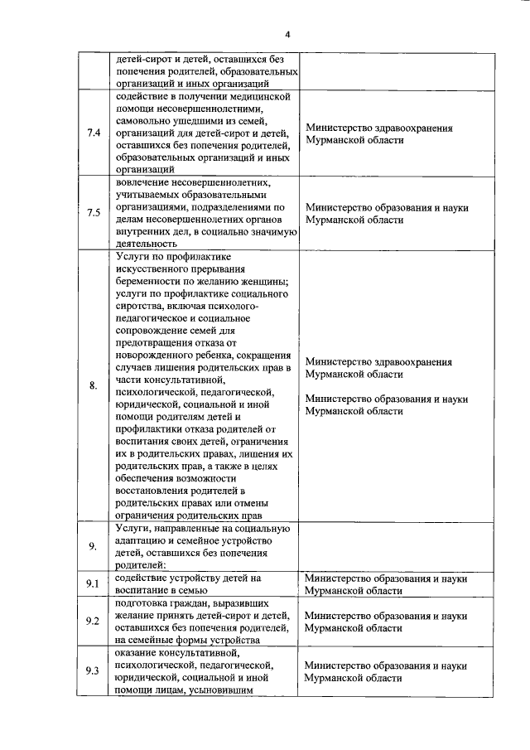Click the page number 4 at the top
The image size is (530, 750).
pyautogui.click(x=287, y=35)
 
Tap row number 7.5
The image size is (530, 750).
pyautogui.click(x=94, y=213)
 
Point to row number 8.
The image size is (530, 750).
pyautogui.click(x=94, y=385)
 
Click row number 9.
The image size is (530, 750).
pyautogui.click(x=94, y=545)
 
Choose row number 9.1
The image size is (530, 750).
pyautogui.click(x=94, y=584)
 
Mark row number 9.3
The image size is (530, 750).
pyautogui.click(x=94, y=670)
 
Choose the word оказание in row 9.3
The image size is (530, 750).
pyautogui.click(x=137, y=653)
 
